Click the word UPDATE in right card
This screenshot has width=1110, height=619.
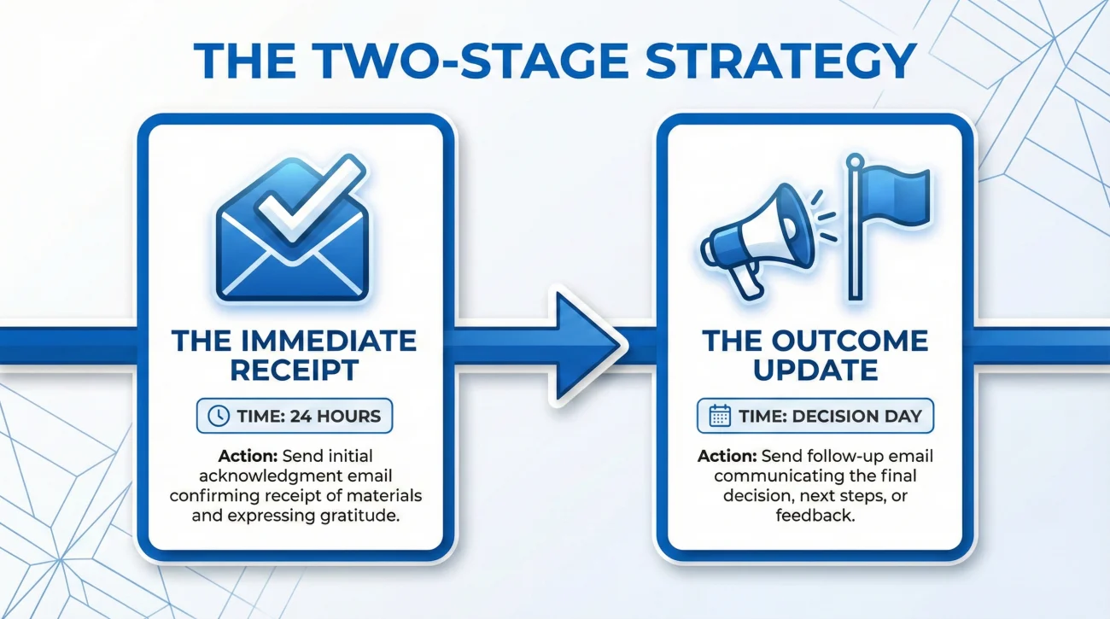(x=815, y=370)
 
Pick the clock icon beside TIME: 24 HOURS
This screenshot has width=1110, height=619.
(x=219, y=417)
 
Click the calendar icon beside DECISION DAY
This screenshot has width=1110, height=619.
(x=720, y=417)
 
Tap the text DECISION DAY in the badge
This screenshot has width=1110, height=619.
(x=857, y=417)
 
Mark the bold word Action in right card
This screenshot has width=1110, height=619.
(x=726, y=455)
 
